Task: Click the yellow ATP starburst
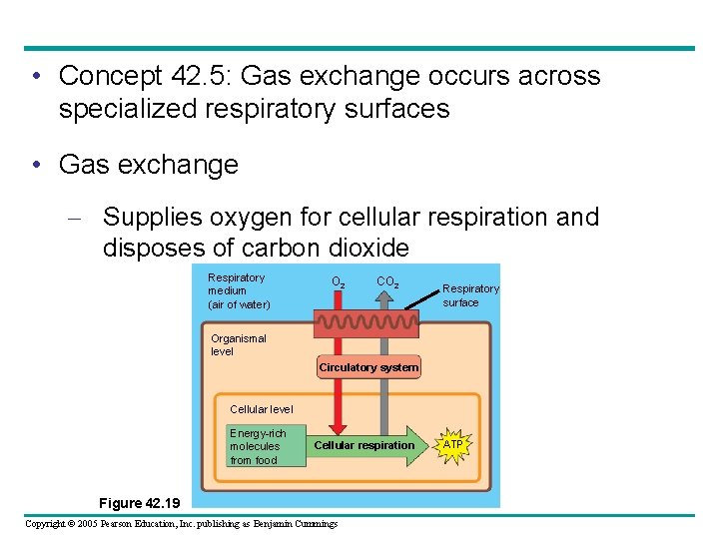(452, 444)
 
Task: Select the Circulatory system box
(368, 367)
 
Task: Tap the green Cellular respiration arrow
(365, 445)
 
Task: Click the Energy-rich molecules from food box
(264, 446)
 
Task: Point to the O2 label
(338, 282)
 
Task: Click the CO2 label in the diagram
(387, 282)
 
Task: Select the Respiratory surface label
(470, 295)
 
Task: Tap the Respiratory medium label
(239, 290)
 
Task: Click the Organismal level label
(239, 344)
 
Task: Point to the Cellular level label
(262, 409)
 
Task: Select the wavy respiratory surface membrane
(366, 322)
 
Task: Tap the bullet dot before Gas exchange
(35, 164)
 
